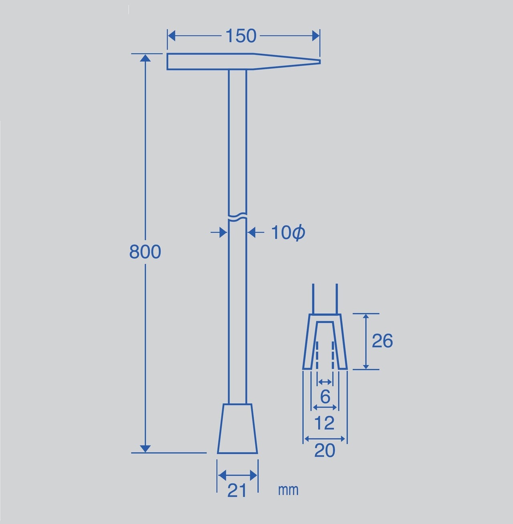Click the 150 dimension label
tap(241, 36)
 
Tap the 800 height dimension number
tap(145, 251)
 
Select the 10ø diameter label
tap(288, 233)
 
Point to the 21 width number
tap(236, 490)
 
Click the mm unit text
tap(288, 490)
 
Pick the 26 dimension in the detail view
tap(382, 340)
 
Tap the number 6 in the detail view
tap(325, 397)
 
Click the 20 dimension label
tap(325, 451)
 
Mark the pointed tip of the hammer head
tap(320, 62)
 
